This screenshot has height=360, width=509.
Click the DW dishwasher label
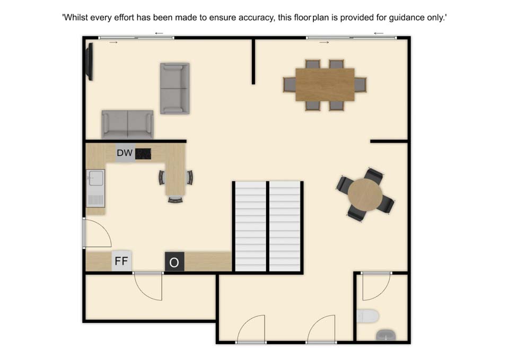click(125, 153)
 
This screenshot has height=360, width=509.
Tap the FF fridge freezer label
click(121, 261)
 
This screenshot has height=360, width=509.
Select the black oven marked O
click(174, 261)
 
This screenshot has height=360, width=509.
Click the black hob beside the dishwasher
click(143, 154)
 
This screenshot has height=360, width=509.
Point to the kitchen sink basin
click(96, 178)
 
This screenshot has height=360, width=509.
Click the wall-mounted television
click(89, 62)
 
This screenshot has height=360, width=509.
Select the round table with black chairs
click(365, 195)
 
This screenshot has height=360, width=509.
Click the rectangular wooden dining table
click(325, 85)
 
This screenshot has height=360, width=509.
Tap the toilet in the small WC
click(368, 316)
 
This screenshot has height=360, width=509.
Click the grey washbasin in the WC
click(385, 335)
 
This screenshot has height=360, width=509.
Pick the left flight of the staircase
click(251, 226)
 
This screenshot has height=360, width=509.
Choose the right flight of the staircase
click(285, 226)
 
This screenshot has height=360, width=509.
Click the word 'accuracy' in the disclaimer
click(256, 17)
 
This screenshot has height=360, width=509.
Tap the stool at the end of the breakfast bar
click(175, 199)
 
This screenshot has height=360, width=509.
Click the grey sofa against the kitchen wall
click(128, 124)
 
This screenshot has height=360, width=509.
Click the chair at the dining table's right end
click(361, 85)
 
